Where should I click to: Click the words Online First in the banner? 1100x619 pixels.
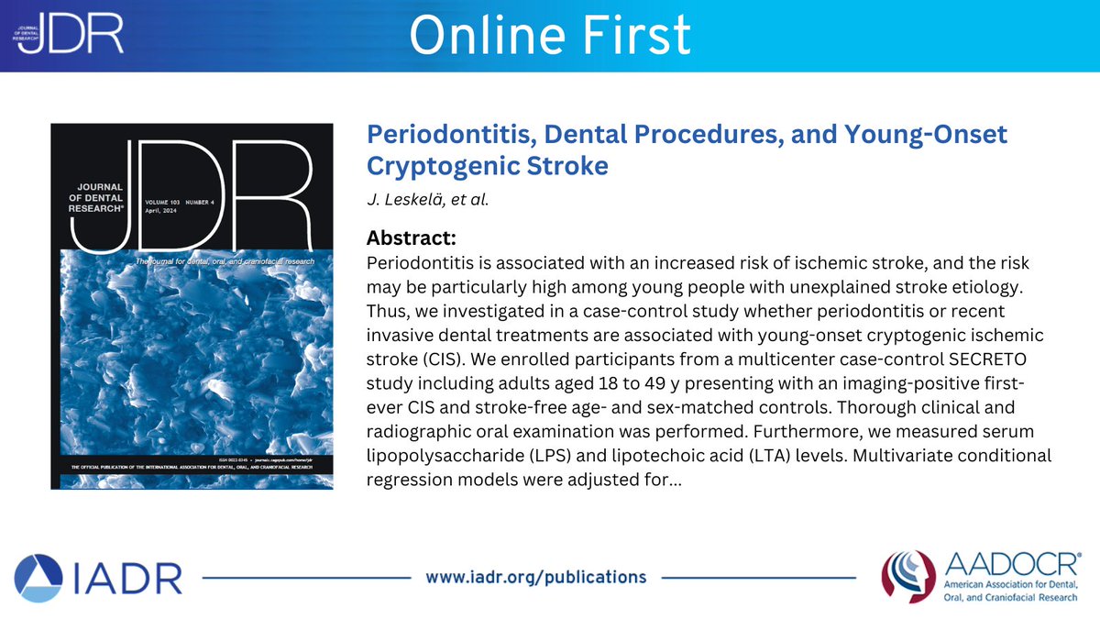(x=549, y=35)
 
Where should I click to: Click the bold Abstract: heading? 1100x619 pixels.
(x=412, y=238)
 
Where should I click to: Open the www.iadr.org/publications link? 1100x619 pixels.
(x=536, y=577)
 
